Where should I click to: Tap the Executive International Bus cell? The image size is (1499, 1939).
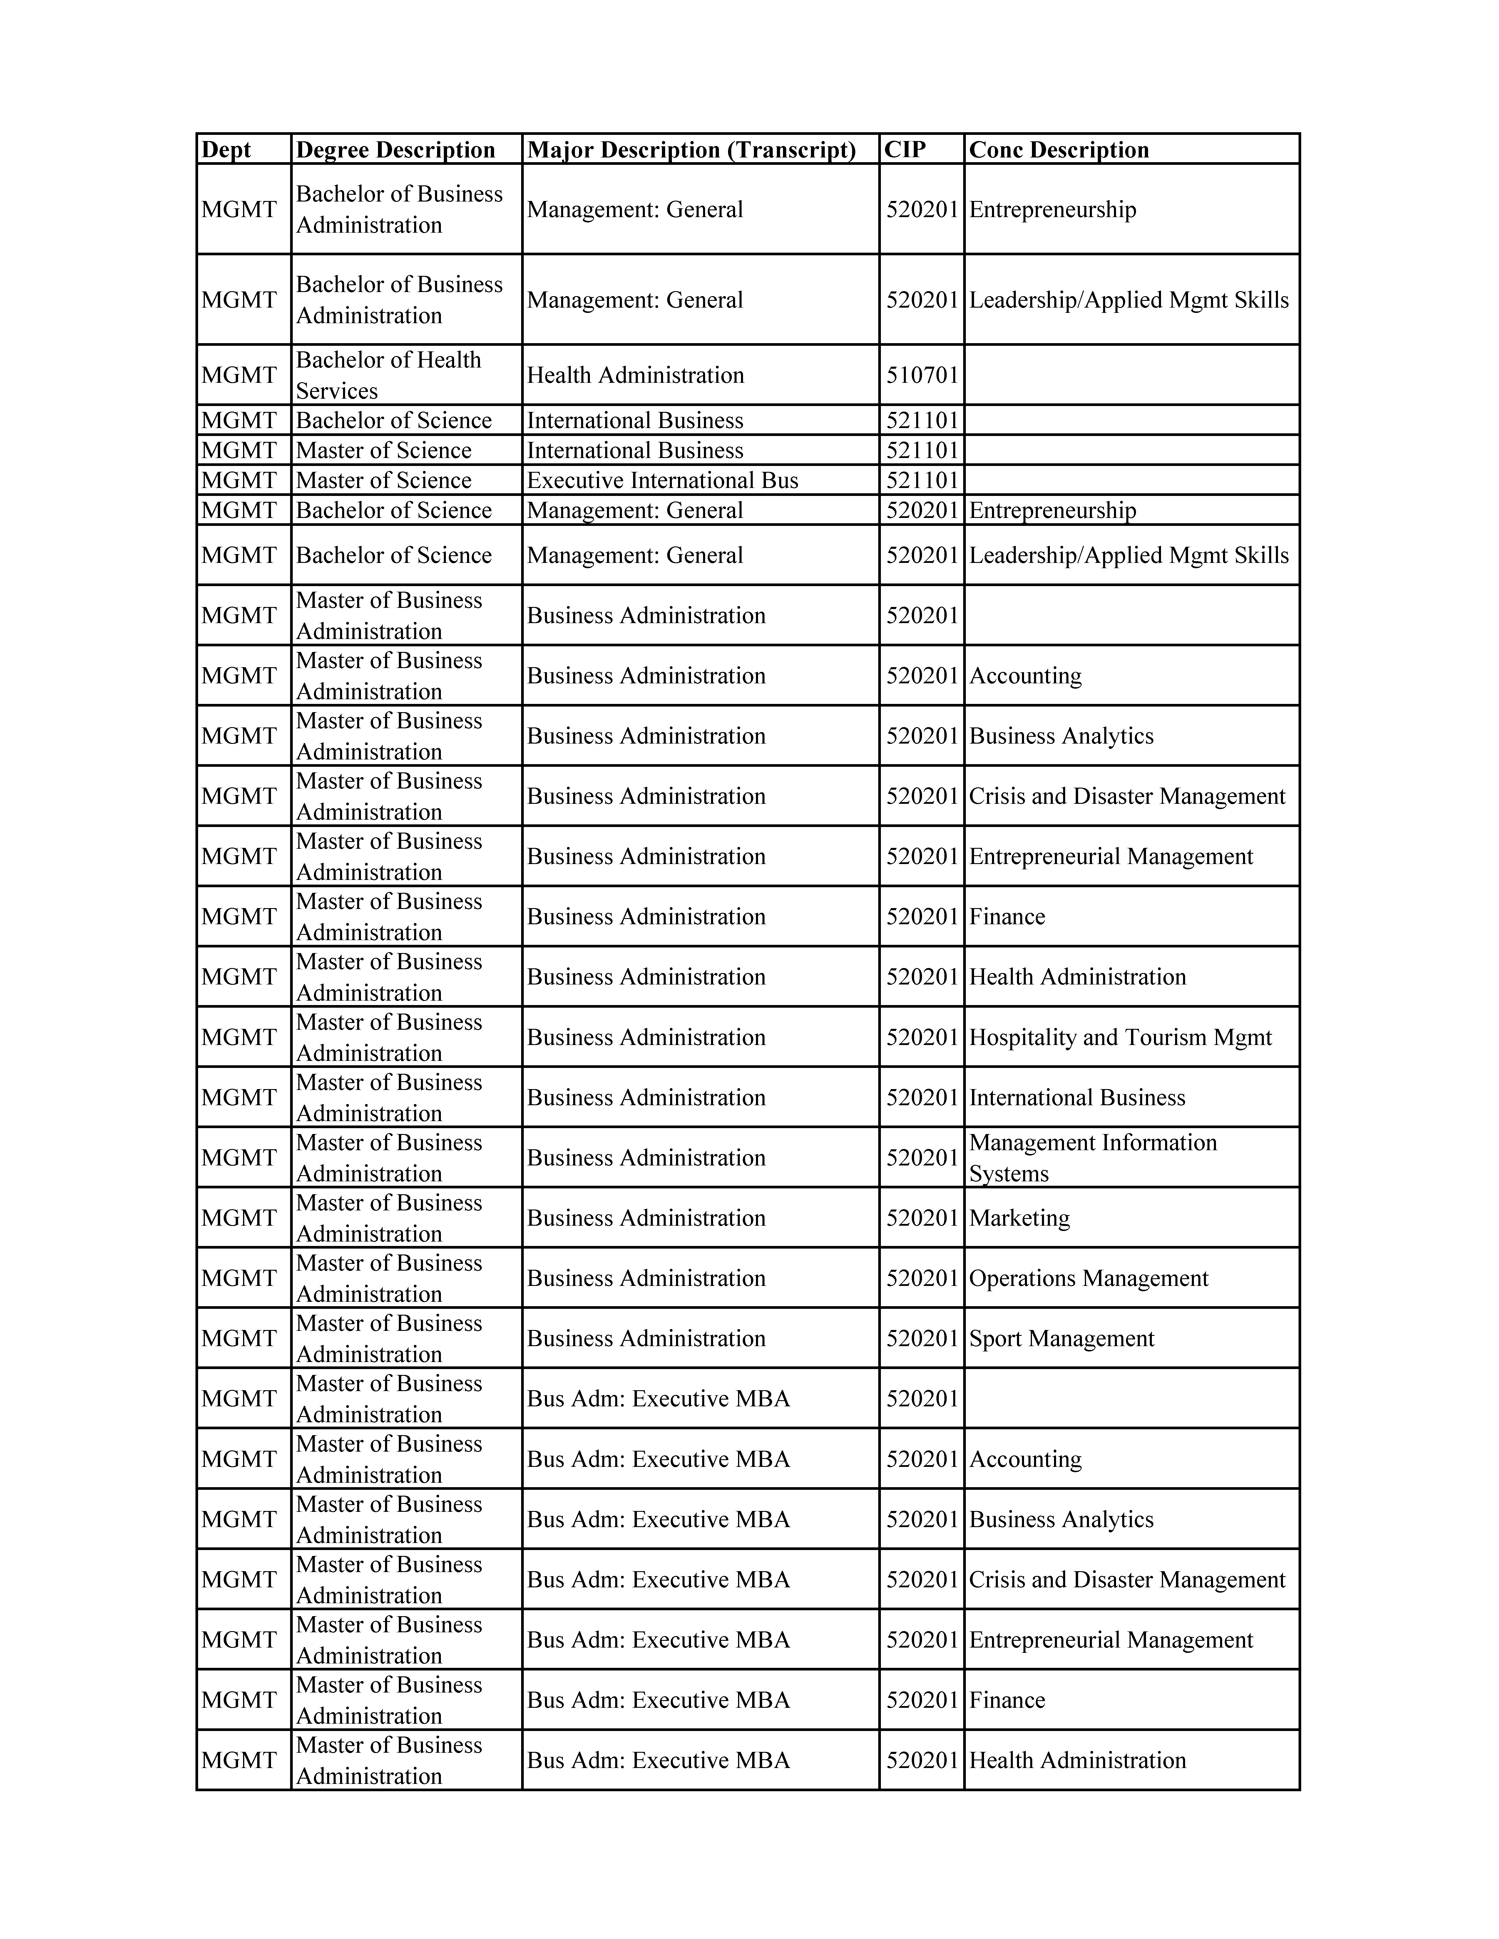tap(662, 480)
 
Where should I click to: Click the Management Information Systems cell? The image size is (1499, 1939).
tap(1092, 1158)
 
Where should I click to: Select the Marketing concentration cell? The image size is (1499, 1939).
tap(1019, 1218)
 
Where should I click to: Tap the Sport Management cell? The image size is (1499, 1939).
tap(1061, 1339)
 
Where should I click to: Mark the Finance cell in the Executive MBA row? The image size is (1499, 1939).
tap(1007, 1700)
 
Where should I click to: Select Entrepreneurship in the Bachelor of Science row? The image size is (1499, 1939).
tap(1052, 511)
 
